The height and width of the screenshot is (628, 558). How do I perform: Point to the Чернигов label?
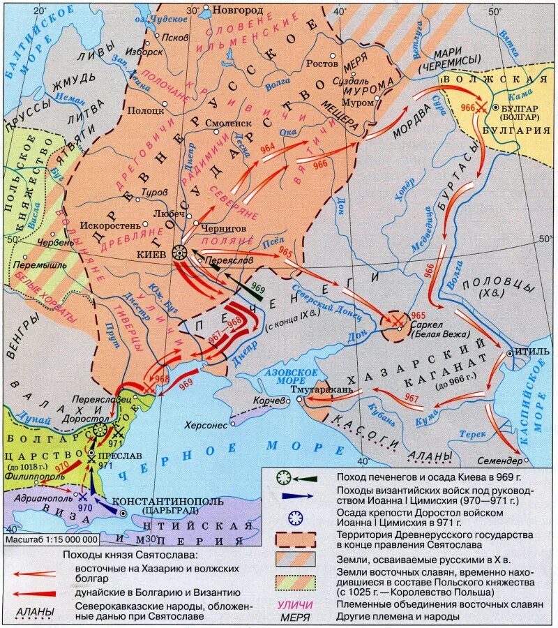pyautogui.click(x=225, y=227)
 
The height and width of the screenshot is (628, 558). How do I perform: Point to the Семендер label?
pyautogui.click(x=499, y=462)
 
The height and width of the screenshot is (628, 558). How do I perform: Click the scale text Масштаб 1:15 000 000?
pyautogui.click(x=51, y=539)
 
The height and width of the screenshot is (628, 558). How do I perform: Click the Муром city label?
pyautogui.click(x=361, y=103)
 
